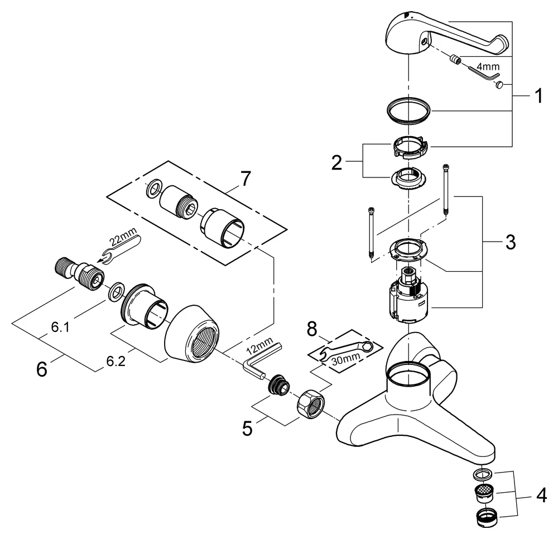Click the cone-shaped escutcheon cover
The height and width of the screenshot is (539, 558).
(x=195, y=333)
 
